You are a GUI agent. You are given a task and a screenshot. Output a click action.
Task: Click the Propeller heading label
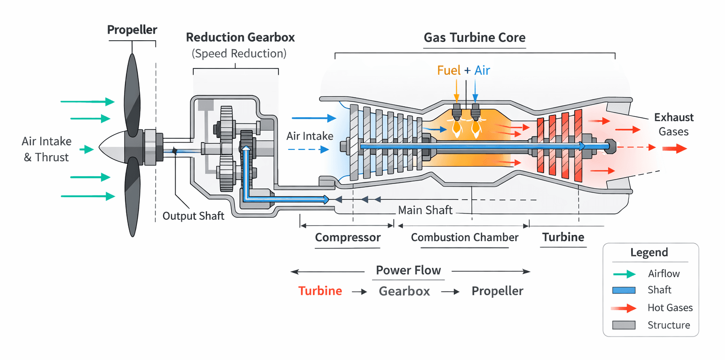132,30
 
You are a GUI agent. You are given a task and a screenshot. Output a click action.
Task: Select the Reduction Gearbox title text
240,37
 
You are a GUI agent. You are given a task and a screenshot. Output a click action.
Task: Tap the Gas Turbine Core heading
475,38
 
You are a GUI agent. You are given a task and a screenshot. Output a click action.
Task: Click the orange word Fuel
448,70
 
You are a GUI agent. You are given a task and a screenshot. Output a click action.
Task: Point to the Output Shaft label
193,216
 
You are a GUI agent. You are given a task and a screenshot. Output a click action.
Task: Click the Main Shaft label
425,210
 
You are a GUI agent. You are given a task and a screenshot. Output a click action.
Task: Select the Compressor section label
347,237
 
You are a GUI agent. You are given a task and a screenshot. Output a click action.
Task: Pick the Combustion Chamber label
465,237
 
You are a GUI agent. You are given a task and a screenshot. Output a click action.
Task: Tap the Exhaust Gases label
674,124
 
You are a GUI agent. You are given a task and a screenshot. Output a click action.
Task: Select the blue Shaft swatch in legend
624,290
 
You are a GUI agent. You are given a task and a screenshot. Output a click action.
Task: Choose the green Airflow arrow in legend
624,274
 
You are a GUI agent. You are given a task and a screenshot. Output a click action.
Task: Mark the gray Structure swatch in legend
624,326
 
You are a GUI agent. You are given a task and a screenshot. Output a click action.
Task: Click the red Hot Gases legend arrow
624,308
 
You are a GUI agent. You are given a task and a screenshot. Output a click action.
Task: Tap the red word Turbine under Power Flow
320,291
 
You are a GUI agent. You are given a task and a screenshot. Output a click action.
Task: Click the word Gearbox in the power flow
404,291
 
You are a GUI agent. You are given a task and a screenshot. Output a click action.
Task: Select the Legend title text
649,253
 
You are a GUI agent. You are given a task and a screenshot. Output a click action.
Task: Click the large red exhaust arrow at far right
674,149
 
